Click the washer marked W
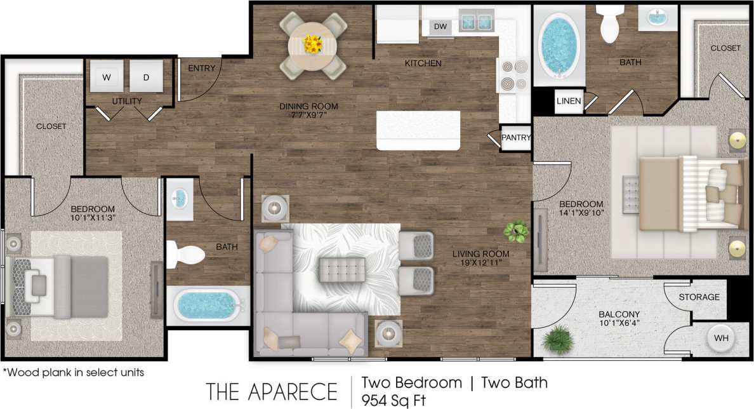pyautogui.click(x=106, y=77)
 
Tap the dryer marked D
pyautogui.click(x=146, y=77)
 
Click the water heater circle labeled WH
pyautogui.click(x=721, y=338)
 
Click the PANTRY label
pyautogui.click(x=516, y=137)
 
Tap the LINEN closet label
pyautogui.click(x=568, y=102)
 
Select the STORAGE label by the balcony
pyautogui.click(x=699, y=297)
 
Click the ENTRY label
pyautogui.click(x=202, y=69)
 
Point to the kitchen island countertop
pyautogui.click(x=418, y=130)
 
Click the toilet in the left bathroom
pyautogui.click(x=185, y=254)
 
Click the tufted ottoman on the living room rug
pyautogui.click(x=342, y=269)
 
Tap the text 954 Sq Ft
pyautogui.click(x=394, y=400)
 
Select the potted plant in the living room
pyautogui.click(x=516, y=231)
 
